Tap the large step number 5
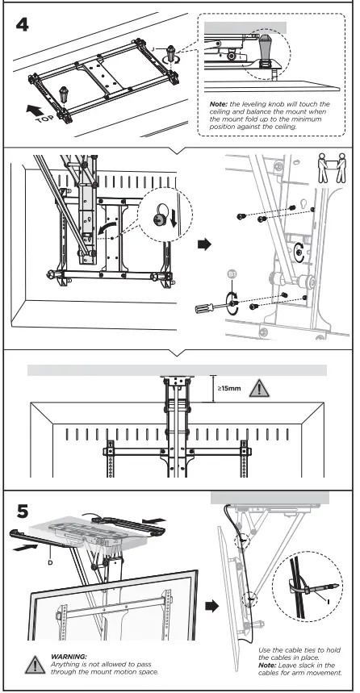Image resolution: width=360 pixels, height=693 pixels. click(x=25, y=511)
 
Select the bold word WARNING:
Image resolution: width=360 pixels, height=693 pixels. click(x=69, y=656)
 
